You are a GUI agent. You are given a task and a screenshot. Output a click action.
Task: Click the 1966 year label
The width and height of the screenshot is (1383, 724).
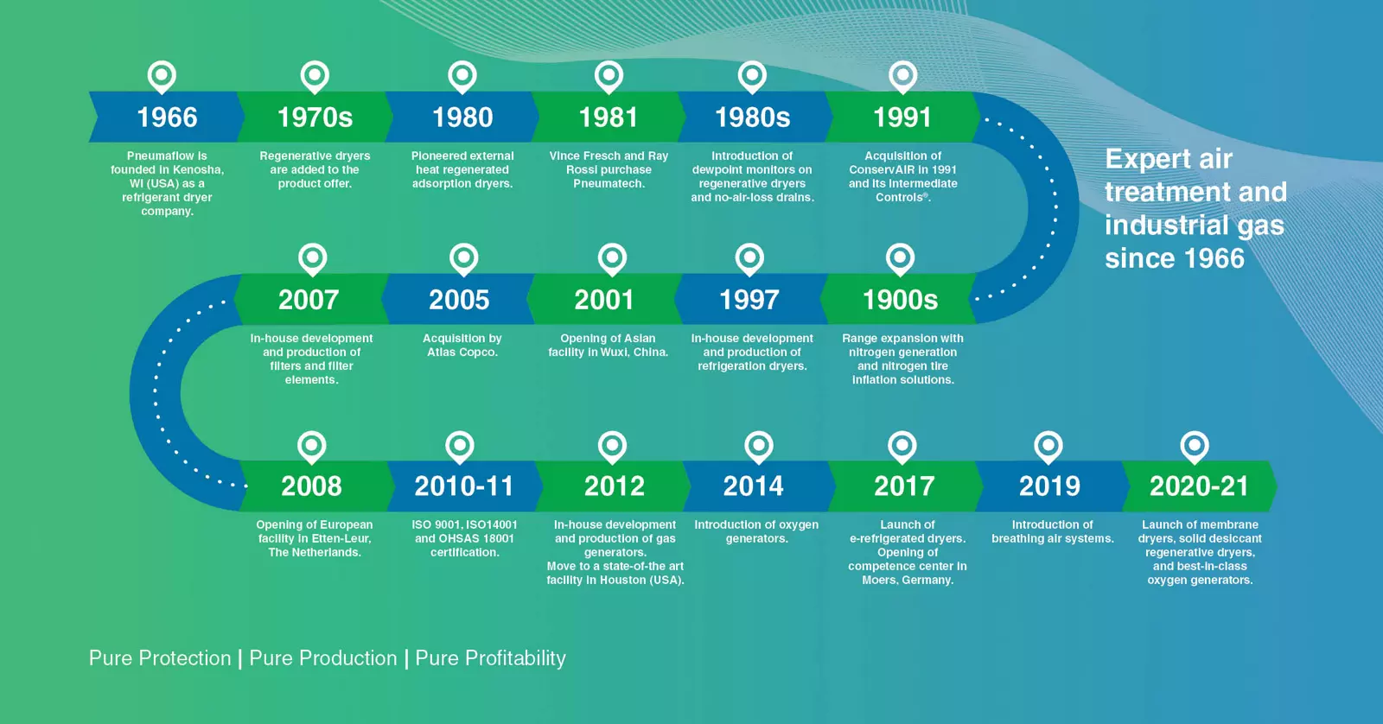[167, 117]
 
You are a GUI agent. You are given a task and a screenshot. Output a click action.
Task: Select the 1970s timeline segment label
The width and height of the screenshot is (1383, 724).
[315, 117]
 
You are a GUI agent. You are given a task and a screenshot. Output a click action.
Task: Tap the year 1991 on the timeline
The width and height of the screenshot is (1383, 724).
[902, 117]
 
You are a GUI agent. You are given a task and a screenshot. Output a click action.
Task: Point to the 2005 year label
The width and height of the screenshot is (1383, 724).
[459, 300]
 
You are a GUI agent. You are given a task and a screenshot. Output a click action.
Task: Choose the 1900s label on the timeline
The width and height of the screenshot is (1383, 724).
[900, 300]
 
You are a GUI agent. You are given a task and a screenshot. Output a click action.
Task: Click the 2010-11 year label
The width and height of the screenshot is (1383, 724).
[463, 486]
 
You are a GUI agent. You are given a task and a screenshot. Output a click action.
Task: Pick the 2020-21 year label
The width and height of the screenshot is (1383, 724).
[1199, 486]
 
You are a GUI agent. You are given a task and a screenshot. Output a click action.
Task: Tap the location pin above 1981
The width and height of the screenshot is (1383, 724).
[609, 77]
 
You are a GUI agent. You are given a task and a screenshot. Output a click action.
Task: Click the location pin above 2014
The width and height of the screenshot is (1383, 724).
[759, 447]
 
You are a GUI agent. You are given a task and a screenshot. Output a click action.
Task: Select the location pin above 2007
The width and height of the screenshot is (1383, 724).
[312, 259]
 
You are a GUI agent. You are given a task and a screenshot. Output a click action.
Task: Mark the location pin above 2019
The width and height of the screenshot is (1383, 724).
[1048, 447]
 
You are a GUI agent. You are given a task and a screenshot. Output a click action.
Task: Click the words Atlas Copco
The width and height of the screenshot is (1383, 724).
[462, 352]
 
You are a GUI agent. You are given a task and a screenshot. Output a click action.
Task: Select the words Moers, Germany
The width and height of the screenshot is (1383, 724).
[908, 581]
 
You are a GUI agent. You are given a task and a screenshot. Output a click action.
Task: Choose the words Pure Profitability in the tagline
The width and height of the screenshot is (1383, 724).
[490, 658]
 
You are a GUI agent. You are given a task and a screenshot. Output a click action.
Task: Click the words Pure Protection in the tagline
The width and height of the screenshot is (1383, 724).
[160, 658]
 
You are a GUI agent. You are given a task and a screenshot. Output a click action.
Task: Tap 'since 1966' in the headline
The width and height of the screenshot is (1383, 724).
[1175, 258]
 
